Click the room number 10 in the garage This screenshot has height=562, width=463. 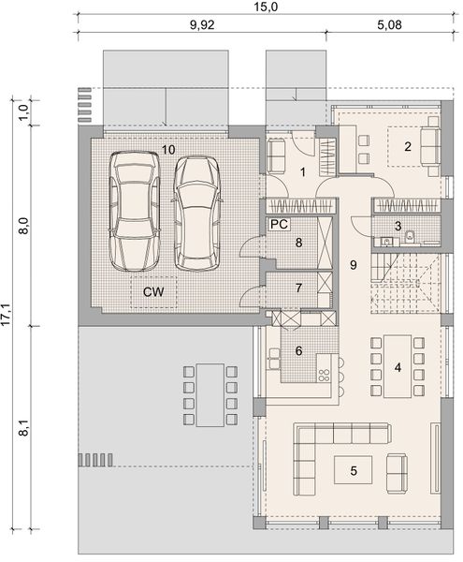point(168,149)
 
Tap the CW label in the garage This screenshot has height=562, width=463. point(154,292)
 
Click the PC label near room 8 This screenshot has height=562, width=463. point(278,225)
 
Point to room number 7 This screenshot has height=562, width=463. point(299,288)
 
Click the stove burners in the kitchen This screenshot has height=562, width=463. point(326,374)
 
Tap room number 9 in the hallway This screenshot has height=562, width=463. point(354,265)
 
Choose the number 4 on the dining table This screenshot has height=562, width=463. point(398,367)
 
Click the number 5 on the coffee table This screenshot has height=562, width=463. point(354,470)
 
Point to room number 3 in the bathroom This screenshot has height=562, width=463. point(398,226)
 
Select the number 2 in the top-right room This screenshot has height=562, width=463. point(408,146)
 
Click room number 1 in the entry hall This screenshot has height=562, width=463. point(303,171)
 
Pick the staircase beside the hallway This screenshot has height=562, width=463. point(404,281)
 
